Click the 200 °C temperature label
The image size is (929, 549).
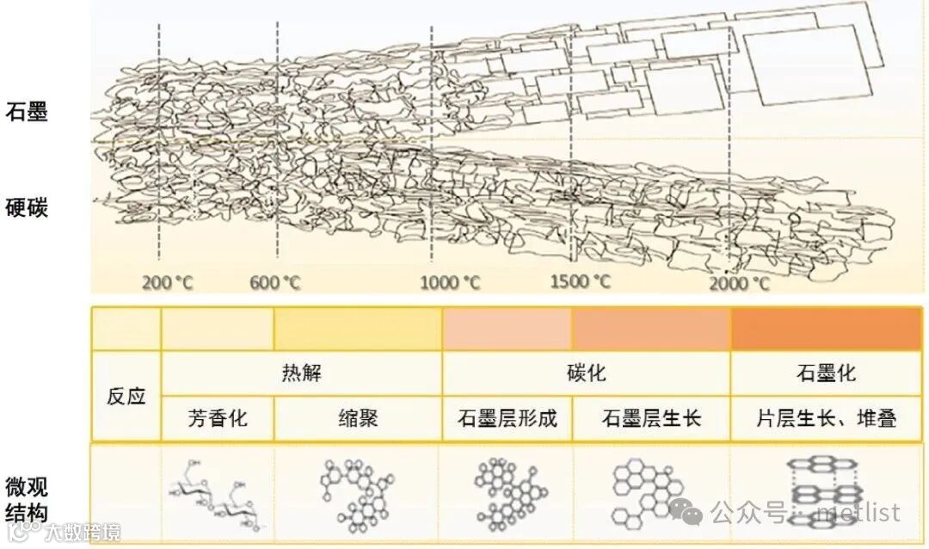(x=169, y=282)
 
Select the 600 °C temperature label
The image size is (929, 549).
(x=275, y=282)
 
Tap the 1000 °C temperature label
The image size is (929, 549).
(x=451, y=282)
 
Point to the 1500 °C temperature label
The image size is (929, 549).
(x=581, y=281)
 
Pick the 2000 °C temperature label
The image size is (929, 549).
(x=740, y=283)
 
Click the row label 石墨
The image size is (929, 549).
(x=27, y=112)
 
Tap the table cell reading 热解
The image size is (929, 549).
(x=301, y=373)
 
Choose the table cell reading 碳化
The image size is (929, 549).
(x=586, y=373)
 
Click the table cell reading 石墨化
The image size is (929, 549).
(x=827, y=373)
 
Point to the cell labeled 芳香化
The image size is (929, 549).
(x=218, y=419)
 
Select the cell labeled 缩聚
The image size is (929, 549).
(x=359, y=419)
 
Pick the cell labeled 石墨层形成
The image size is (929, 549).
(x=508, y=419)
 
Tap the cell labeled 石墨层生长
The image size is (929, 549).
(x=652, y=419)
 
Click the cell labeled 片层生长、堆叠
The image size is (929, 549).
(x=827, y=419)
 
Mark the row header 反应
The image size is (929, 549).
(x=126, y=397)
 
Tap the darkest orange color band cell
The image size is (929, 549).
(x=827, y=328)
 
